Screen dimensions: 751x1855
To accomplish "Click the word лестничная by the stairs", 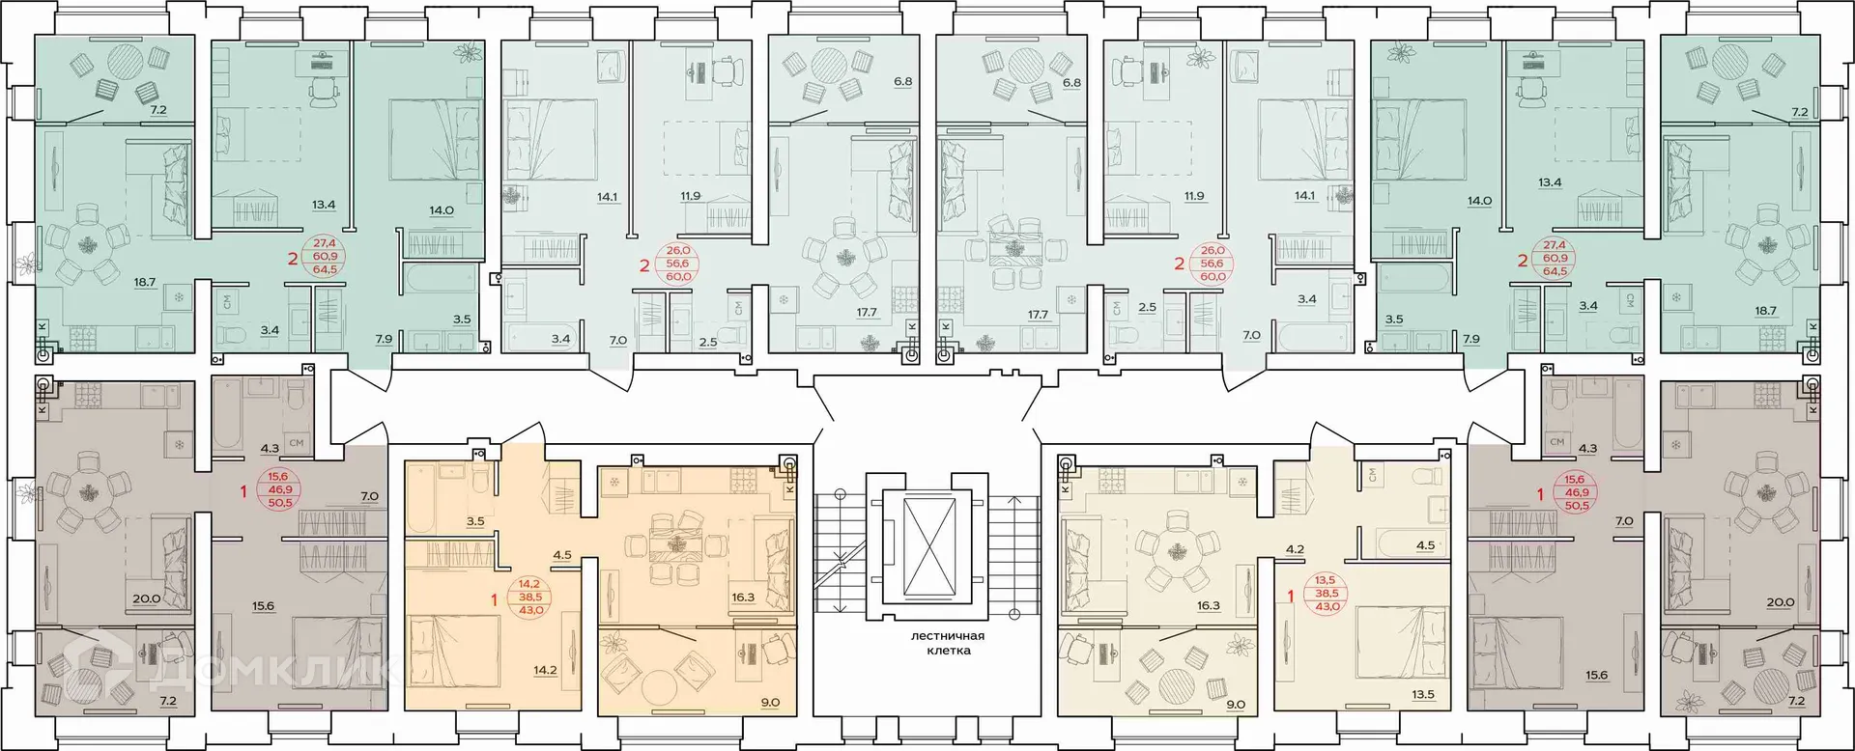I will pos(946,636).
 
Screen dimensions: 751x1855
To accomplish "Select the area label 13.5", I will pos(1422,694).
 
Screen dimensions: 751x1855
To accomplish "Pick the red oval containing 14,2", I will pos(529,597).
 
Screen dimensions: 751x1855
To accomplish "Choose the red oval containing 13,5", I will pos(1327,593).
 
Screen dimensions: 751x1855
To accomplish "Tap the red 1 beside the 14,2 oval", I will pos(494,600).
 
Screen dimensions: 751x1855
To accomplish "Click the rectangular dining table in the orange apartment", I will pos(674,547).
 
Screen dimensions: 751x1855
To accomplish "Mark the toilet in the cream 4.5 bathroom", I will pos(1428,479).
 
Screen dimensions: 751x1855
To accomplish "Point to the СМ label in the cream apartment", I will pos(1373,475).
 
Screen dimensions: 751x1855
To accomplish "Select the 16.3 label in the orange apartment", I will pos(742,598).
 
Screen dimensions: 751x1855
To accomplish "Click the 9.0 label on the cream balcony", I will pos(1235,704).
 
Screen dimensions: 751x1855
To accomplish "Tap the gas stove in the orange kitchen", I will pos(743,478).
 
